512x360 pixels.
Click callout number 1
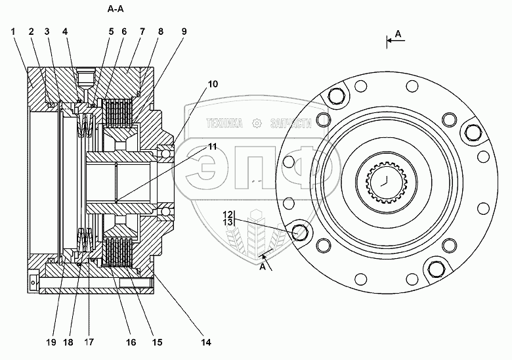(x=13, y=32)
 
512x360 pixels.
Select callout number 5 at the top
(x=111, y=32)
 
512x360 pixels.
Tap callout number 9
(x=184, y=32)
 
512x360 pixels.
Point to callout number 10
(x=213, y=84)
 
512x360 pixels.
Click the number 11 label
(x=213, y=146)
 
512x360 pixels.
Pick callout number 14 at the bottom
(x=206, y=342)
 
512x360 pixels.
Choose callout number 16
(x=131, y=342)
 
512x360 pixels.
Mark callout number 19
(x=51, y=342)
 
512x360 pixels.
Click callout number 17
(x=89, y=342)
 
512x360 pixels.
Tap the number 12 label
(x=228, y=215)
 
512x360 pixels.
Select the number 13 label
(x=228, y=222)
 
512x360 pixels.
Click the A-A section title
(x=116, y=9)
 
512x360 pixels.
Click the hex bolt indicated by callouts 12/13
(x=300, y=233)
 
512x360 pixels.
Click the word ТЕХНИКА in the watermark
(x=224, y=123)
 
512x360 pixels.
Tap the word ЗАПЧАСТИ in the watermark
(x=291, y=123)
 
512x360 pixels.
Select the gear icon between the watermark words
(x=257, y=123)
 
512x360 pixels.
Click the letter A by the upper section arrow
(x=398, y=34)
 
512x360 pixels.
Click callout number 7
(x=142, y=32)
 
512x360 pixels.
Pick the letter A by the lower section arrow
(x=263, y=267)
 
